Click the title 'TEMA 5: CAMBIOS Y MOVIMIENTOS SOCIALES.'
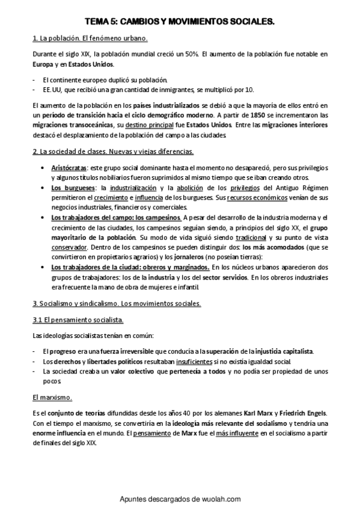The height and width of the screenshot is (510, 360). [x=180, y=21]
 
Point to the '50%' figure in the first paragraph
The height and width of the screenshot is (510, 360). [x=190, y=54]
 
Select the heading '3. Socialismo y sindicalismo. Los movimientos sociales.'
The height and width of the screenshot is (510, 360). [x=116, y=303]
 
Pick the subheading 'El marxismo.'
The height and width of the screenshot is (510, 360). [x=52, y=397]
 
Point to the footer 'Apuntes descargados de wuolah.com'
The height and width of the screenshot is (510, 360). [x=180, y=499]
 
